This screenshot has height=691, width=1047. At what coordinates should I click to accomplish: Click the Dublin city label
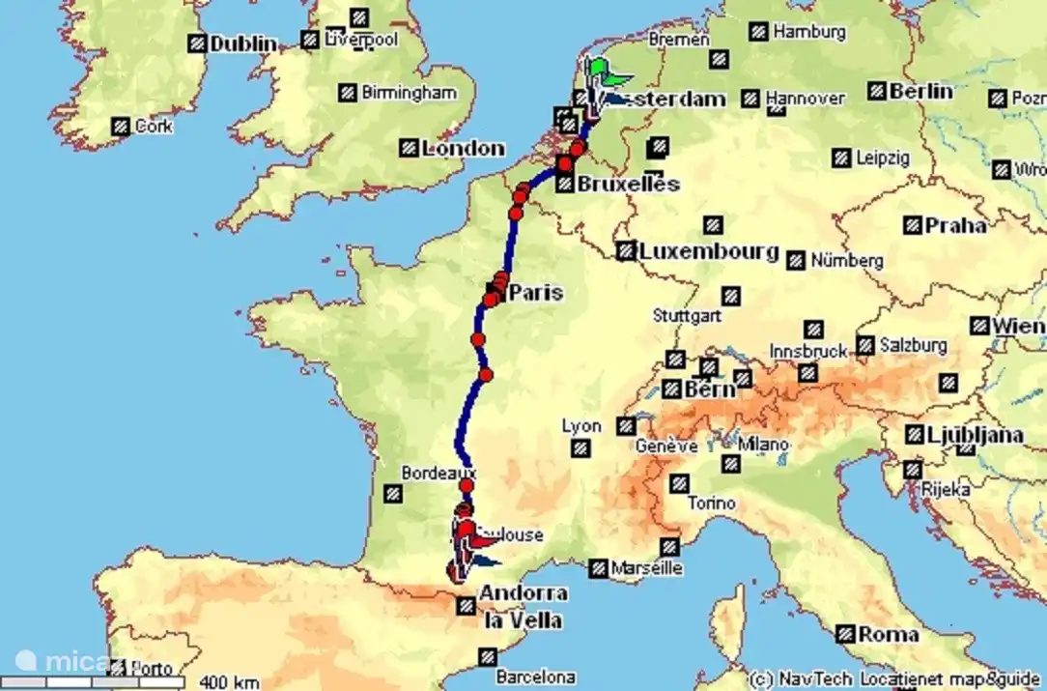point(242,43)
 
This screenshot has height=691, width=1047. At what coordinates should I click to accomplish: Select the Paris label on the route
point(535,292)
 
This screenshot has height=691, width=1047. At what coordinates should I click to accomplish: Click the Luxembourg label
point(709,251)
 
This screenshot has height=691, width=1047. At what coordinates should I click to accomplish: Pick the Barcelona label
point(535,677)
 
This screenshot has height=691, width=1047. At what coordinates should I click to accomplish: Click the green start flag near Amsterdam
point(601,68)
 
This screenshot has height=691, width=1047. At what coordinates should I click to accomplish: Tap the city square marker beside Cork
point(121,126)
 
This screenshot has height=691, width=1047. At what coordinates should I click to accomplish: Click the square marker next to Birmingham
point(348,93)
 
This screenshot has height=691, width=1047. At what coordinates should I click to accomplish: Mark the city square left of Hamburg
point(759,32)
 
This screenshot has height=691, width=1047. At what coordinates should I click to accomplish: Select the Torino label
point(712,504)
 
